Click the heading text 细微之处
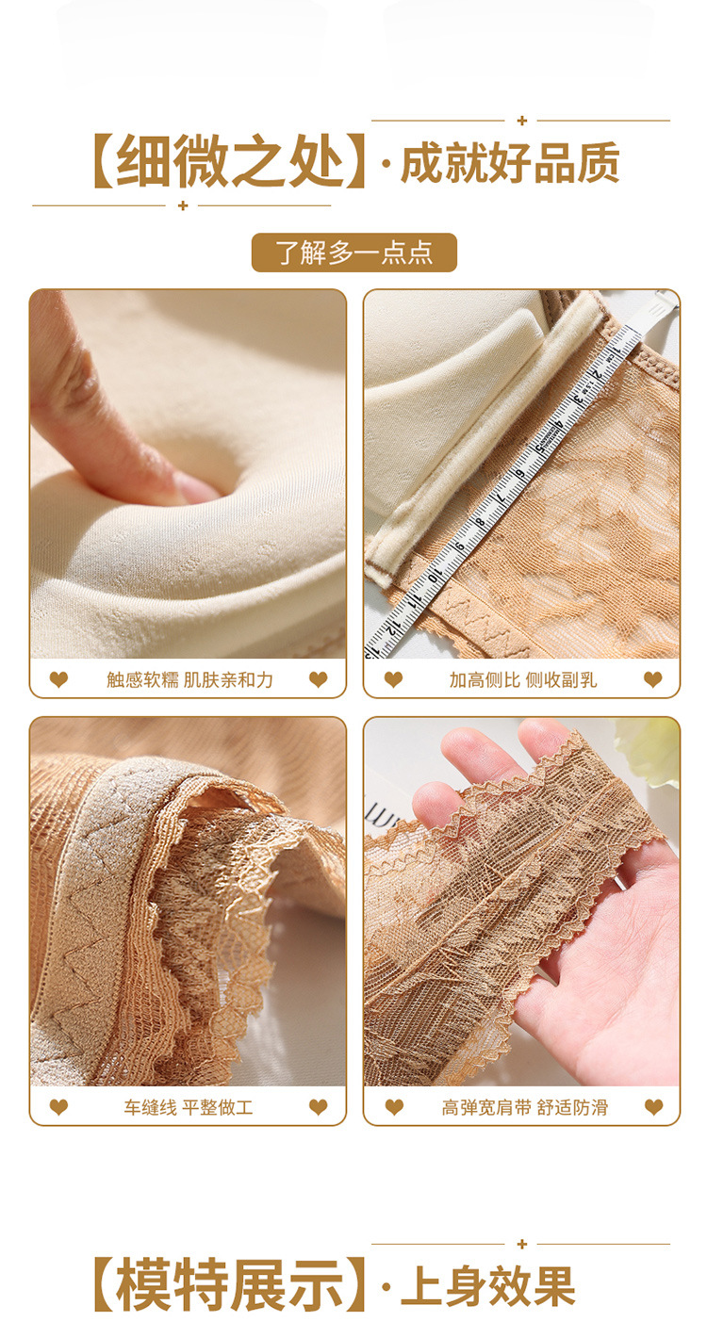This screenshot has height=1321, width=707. pos(229,161)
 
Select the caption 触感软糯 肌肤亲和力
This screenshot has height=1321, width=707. pos(190,680)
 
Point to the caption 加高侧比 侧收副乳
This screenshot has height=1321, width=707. pos(523,680)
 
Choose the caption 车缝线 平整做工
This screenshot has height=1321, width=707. pos(189,1107)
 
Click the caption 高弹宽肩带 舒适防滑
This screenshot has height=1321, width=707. pos(525,1107)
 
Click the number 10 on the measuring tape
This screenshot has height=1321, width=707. pos(436,575)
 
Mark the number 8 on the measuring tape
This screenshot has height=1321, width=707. pos(481,521)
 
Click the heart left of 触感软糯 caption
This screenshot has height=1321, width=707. pos(58,680)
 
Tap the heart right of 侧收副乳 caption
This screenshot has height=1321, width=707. pos(652,680)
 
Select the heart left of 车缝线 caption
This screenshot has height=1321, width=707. pos(58,1107)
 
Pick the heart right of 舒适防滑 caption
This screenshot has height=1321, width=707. pos(653,1107)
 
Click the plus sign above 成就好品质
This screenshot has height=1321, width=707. pos(521,121)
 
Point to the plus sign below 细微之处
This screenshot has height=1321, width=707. pos(182,205)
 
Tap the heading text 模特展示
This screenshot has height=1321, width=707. pos(229,1284)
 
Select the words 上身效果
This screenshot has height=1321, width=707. pos(488,1286)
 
